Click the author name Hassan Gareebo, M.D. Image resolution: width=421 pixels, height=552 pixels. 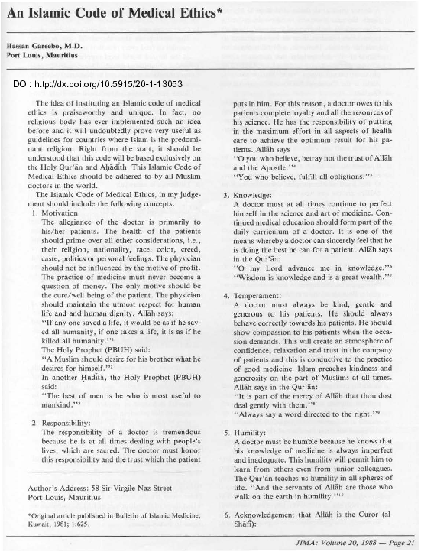click(47, 47)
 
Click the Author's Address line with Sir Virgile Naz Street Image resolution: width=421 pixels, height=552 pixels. click(97, 485)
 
